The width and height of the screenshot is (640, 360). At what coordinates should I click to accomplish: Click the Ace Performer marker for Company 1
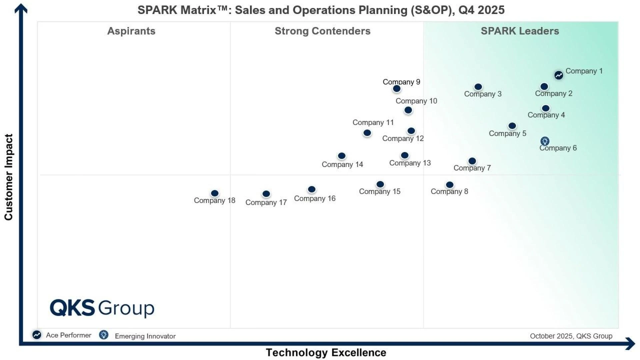559,75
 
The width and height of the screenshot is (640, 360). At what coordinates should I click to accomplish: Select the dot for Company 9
396,89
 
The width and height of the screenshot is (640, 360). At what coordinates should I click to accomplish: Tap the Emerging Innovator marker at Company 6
545,141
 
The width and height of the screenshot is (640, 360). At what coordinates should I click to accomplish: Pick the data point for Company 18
215,193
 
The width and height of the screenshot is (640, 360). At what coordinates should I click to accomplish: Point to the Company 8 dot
450,185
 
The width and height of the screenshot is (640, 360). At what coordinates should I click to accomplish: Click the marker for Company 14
342,156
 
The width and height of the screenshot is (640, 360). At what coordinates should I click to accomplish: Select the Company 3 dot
478,87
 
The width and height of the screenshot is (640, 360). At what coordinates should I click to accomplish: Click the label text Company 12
403,138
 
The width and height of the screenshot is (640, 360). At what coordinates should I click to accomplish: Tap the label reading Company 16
314,198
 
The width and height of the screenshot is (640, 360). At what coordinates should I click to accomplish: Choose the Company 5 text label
507,133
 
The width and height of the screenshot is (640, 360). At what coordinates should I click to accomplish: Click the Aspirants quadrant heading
131,31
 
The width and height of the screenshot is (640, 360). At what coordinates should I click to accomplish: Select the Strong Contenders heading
322,31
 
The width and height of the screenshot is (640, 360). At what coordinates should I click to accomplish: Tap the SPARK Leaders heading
520,31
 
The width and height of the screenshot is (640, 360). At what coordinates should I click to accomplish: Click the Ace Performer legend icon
37,335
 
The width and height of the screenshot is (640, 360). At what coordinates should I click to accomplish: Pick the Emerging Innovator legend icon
104,335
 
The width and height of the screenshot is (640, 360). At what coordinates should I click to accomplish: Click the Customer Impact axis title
8,177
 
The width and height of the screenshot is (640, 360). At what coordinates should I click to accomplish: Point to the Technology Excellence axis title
326,352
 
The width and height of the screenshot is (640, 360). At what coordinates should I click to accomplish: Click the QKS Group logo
102,308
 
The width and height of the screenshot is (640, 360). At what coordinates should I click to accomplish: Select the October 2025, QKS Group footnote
571,336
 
